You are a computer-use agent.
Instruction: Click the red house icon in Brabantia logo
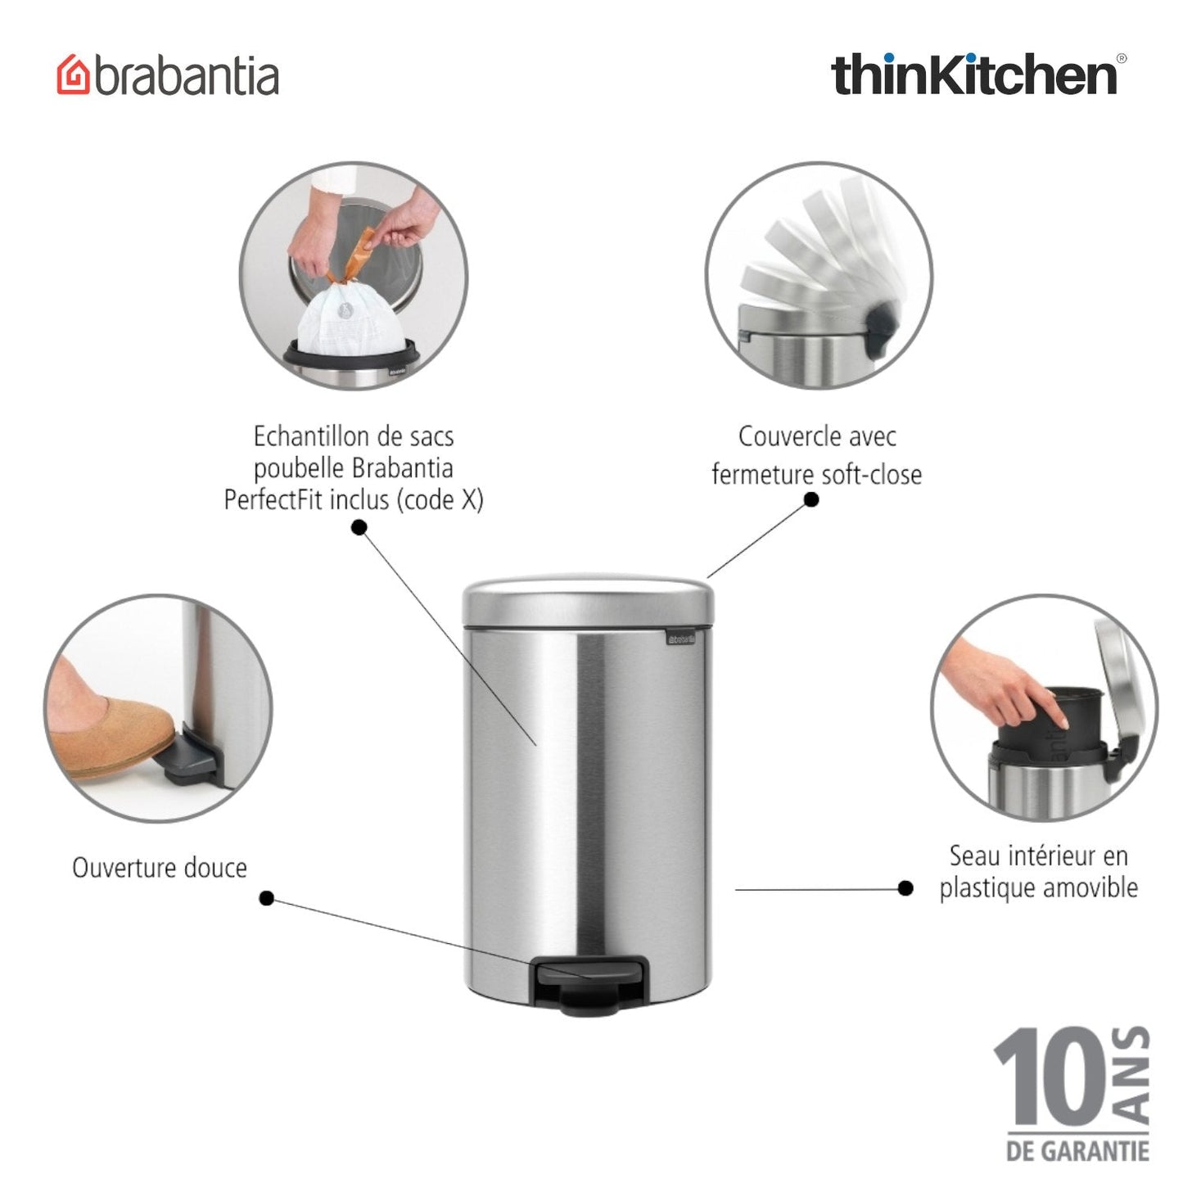(74, 75)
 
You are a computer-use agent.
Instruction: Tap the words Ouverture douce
(160, 868)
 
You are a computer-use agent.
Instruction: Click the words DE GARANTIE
(1077, 1151)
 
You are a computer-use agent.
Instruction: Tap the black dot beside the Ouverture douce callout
(266, 898)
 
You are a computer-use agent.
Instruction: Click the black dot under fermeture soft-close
(810, 499)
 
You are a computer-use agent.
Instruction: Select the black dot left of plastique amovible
(905, 888)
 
